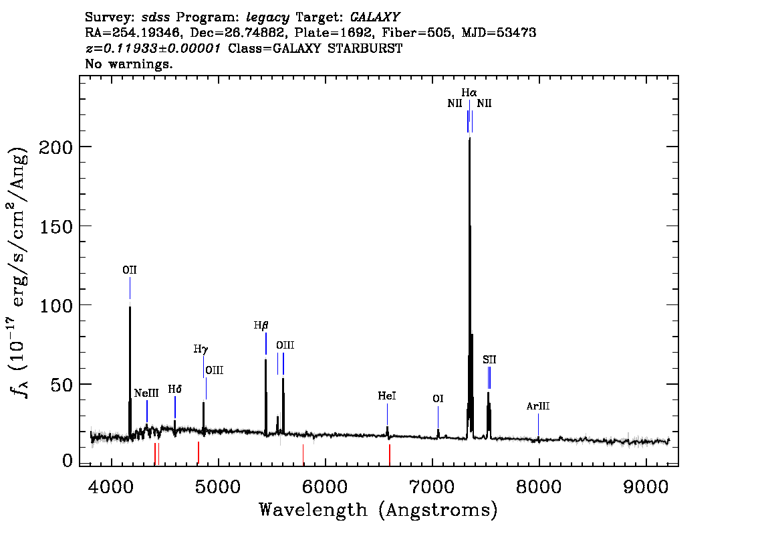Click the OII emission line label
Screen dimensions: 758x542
(x=130, y=270)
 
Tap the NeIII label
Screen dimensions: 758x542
(x=146, y=393)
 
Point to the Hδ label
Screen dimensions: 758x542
(x=175, y=389)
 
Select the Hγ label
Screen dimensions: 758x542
(x=201, y=349)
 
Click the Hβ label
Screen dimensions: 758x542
(x=261, y=325)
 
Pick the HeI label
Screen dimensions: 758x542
(x=387, y=396)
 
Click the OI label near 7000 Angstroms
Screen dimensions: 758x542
(x=438, y=399)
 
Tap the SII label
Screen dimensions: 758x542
(x=489, y=359)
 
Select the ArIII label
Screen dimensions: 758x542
(x=538, y=406)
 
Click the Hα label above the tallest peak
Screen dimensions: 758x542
(x=469, y=92)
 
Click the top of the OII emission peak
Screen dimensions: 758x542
(x=130, y=307)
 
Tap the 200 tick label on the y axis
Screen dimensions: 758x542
(x=55, y=147)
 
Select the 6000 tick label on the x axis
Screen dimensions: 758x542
(x=325, y=487)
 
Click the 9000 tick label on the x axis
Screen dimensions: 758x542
(x=645, y=487)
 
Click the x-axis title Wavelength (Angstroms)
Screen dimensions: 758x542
(x=378, y=510)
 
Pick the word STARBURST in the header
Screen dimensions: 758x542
(x=365, y=48)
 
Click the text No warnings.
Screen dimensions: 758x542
(x=128, y=64)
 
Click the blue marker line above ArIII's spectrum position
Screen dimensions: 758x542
(x=539, y=424)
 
